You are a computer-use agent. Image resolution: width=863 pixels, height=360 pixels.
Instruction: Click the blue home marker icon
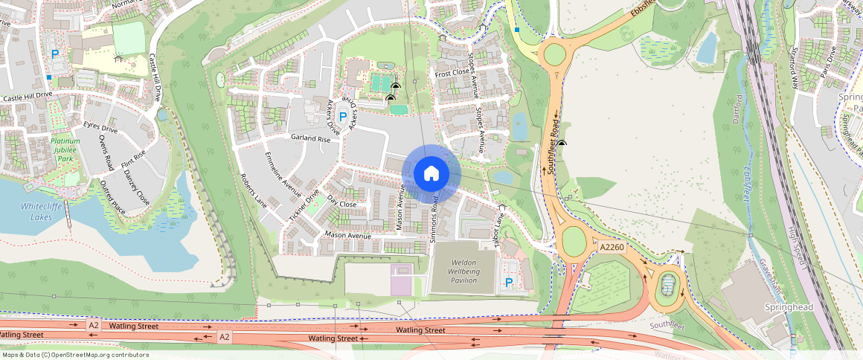(431, 173)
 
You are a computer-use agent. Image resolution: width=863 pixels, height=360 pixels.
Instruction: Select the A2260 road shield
(610, 247)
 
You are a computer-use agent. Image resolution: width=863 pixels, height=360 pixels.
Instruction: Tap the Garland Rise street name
(310, 138)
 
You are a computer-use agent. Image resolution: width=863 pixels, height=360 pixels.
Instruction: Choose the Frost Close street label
(452, 74)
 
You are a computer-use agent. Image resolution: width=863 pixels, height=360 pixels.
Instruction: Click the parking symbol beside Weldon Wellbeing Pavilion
(509, 283)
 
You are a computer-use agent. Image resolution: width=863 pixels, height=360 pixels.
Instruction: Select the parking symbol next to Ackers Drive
(343, 117)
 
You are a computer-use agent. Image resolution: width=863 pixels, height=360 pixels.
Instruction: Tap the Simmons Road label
(435, 220)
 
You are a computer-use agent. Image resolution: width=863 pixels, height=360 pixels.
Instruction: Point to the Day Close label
(342, 204)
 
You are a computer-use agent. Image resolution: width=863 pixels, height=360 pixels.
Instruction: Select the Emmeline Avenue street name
(283, 176)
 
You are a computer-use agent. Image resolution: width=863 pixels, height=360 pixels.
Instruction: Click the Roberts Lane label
(253, 192)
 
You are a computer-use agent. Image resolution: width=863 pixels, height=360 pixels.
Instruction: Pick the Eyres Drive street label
(100, 128)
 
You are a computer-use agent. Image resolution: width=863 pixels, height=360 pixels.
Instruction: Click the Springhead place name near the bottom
(786, 306)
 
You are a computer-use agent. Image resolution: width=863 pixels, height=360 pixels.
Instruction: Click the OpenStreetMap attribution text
(75, 355)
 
